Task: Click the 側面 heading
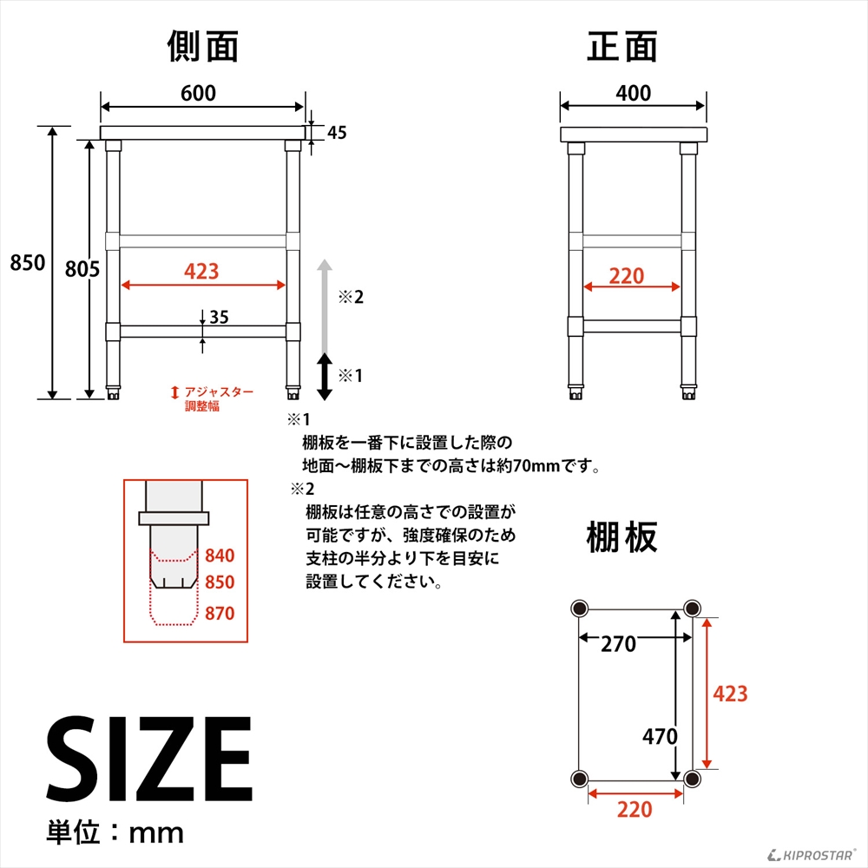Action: coord(202,48)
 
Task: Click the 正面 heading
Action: coord(622,48)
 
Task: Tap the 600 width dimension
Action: coord(199,93)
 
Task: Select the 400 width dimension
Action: coord(633,93)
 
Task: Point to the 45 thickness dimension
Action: coord(338,133)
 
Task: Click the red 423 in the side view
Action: coord(201,272)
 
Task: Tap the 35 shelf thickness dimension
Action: coord(219,318)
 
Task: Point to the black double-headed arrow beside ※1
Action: coord(324,376)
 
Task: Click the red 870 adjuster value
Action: coord(220,614)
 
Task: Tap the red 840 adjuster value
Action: coord(220,556)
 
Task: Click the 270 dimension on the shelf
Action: coord(619,645)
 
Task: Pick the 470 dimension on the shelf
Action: coord(660,737)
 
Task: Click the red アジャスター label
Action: coord(217,392)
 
